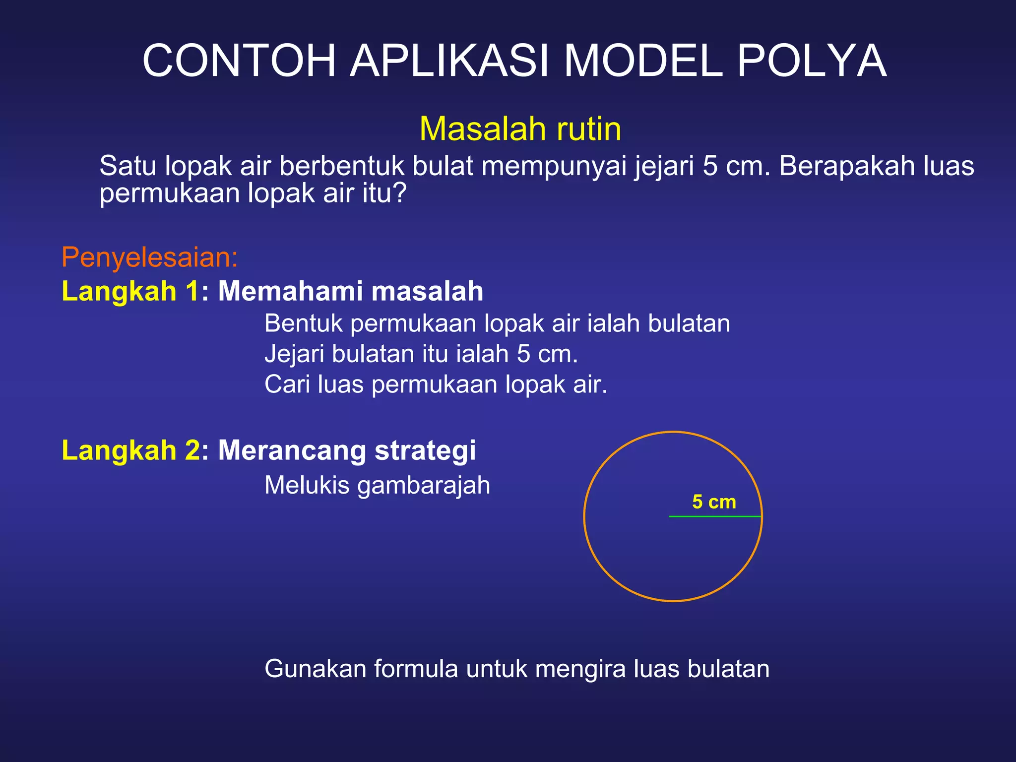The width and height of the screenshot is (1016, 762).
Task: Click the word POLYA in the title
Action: [x=812, y=61]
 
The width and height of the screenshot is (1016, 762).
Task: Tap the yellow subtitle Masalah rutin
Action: [x=520, y=129]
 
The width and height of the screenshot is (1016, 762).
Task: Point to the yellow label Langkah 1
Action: [x=130, y=291]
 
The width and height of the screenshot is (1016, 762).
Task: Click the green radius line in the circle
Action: [x=714, y=516]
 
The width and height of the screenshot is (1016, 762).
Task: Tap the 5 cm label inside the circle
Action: [x=714, y=502]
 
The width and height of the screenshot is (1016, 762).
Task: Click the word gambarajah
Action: [x=424, y=486]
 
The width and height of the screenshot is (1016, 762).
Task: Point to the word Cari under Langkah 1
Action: [x=286, y=384]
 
